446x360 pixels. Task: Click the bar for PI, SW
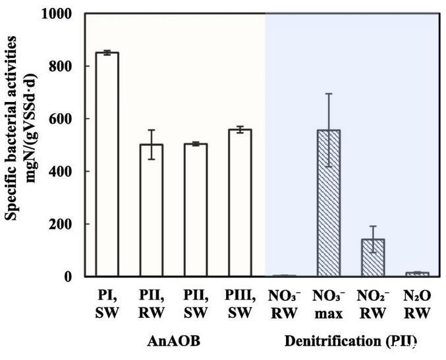[107, 164]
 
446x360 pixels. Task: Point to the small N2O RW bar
[417, 274]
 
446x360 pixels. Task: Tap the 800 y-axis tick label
[63, 66]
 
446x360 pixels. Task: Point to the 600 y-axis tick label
[63, 119]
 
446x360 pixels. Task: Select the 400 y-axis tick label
[63, 171]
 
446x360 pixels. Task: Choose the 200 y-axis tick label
[63, 224]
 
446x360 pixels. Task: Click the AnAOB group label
[173, 342]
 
